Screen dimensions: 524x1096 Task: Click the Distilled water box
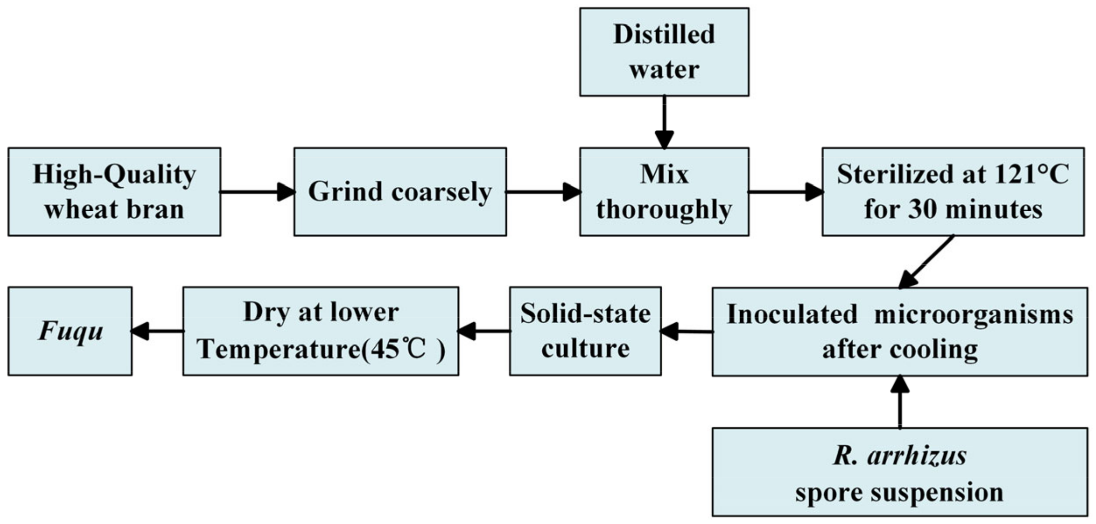click(664, 52)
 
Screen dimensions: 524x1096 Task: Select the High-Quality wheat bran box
click(114, 192)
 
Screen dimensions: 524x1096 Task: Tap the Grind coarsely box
click(400, 192)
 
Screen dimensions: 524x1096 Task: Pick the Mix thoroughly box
click(664, 192)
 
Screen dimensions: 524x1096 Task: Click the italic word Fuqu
click(70, 331)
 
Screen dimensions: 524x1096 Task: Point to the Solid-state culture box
click(585, 331)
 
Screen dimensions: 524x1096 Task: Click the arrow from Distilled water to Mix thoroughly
click(664, 122)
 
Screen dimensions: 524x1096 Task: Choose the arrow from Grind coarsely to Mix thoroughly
click(543, 192)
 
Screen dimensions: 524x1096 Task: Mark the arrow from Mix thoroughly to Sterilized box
click(785, 192)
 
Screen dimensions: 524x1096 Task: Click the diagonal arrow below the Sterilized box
click(926, 262)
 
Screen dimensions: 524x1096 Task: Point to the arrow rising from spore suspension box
click(899, 402)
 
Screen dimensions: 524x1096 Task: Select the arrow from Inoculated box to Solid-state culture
click(687, 331)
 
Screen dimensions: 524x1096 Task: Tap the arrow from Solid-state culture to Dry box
click(484, 331)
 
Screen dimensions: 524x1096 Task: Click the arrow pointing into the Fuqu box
click(158, 331)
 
